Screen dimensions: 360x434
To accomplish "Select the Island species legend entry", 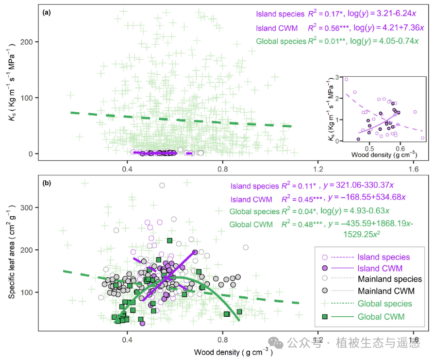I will pyautogui.click(x=384, y=257).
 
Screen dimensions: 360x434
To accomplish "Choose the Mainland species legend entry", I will pyautogui.click(x=390, y=279).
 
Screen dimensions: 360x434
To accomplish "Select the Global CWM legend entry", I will pyautogui.click(x=380, y=316).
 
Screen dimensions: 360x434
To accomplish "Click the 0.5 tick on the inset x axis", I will pyautogui.click(x=369, y=148).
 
